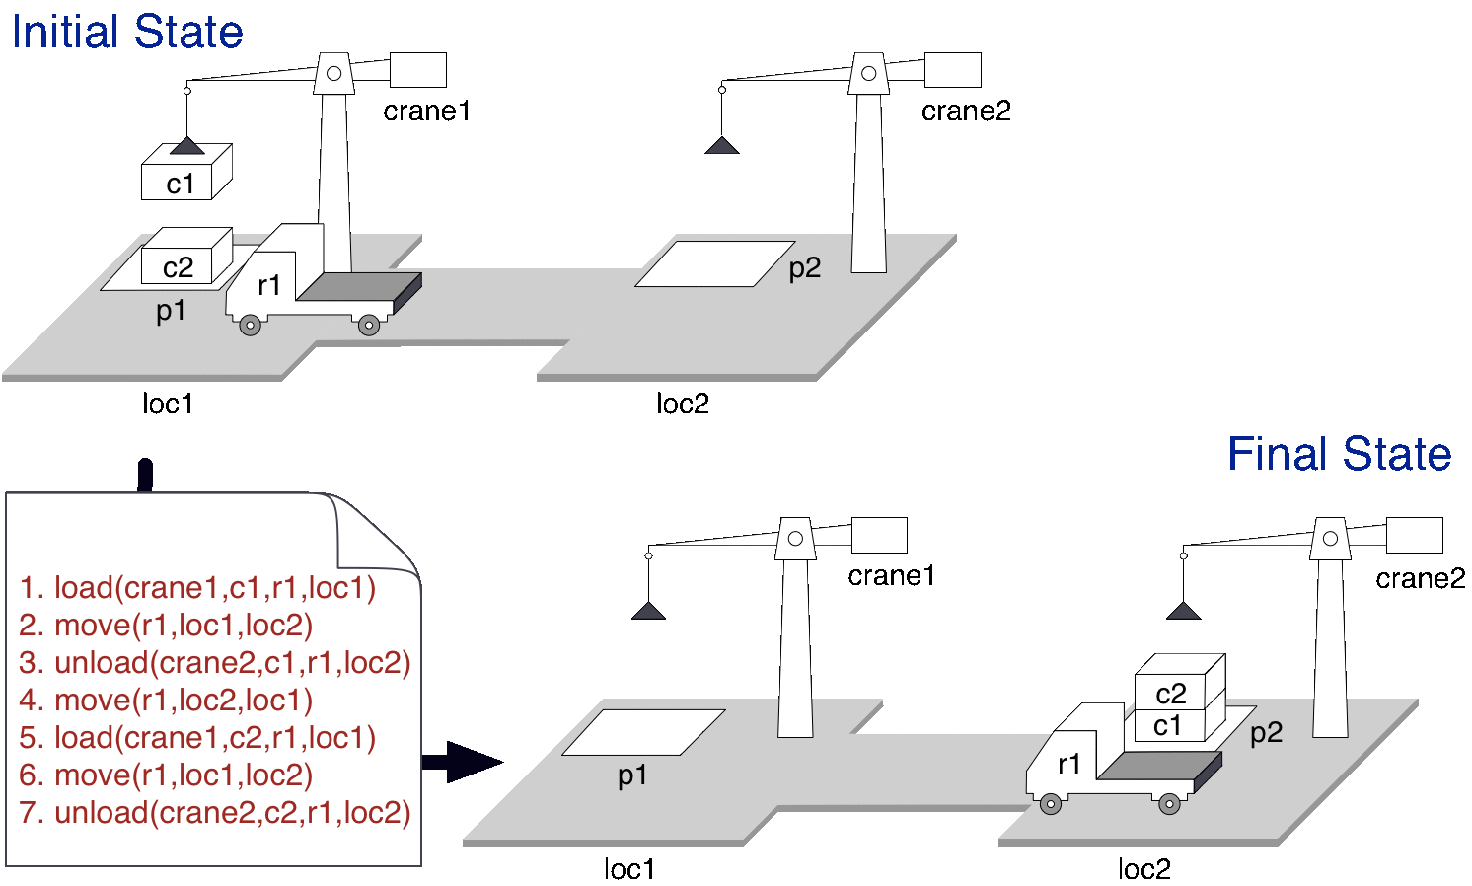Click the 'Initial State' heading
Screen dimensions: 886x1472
[x=126, y=32]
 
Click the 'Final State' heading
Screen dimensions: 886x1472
[x=1338, y=454]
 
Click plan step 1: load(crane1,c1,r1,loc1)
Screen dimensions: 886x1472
[x=197, y=588]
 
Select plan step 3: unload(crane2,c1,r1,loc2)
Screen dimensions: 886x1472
[x=214, y=663]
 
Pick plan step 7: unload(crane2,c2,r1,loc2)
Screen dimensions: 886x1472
[x=214, y=813]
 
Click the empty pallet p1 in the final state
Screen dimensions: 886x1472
[x=643, y=732]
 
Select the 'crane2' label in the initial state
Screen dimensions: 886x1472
[x=966, y=111]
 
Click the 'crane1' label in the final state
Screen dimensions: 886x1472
[x=891, y=575]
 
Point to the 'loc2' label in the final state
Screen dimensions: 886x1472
[x=1143, y=869]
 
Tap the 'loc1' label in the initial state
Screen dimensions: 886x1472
[x=168, y=404]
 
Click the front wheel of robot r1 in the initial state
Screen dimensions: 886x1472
[x=251, y=324]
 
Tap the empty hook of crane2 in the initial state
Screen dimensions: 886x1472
[x=722, y=146]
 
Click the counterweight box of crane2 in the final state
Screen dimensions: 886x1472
[x=1414, y=536]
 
